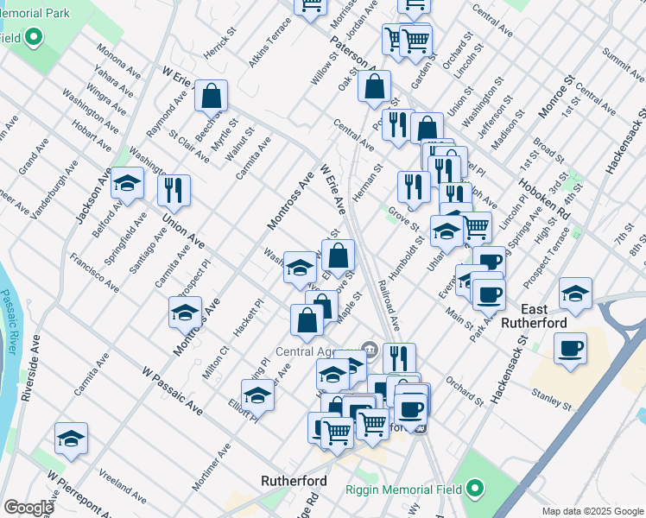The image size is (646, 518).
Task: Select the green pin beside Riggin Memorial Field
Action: (x=474, y=490)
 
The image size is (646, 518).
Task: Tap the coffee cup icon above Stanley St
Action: (x=570, y=349)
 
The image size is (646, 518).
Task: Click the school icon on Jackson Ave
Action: (x=127, y=183)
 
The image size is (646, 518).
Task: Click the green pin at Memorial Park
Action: (x=34, y=37)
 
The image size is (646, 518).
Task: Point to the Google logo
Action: (x=28, y=508)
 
